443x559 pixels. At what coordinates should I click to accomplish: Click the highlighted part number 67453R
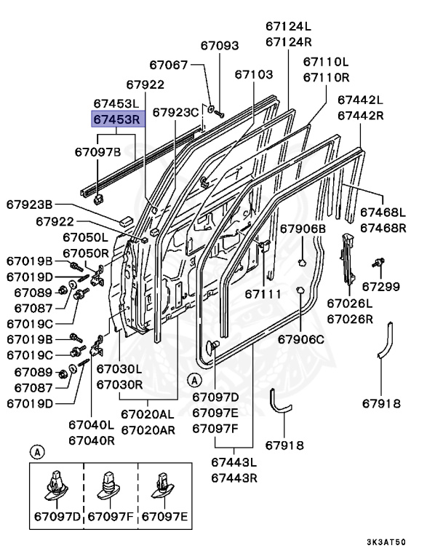[x=117, y=119]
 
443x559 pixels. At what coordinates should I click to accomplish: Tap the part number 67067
[x=169, y=66]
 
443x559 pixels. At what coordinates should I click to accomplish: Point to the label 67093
[x=218, y=45]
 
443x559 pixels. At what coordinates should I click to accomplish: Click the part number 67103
[x=254, y=74]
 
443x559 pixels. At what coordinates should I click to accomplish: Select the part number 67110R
[x=327, y=76]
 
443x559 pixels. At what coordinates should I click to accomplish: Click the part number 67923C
[x=175, y=112]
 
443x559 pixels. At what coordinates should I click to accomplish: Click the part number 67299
[x=380, y=286]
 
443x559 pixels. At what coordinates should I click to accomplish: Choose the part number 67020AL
[x=148, y=414]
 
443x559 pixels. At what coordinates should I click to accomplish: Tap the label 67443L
[x=235, y=462]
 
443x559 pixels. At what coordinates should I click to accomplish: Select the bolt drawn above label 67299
[x=379, y=262]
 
